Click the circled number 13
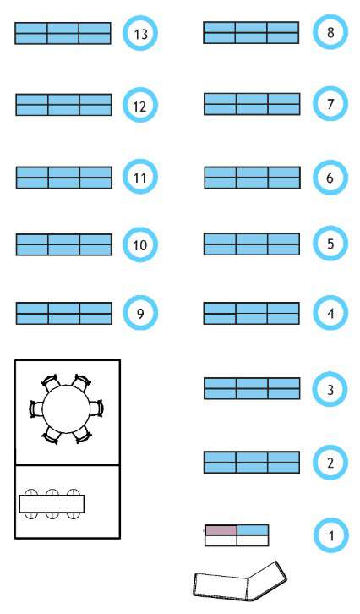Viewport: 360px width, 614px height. point(140,33)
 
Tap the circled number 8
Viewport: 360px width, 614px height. point(330,32)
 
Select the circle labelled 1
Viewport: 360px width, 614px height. point(331,535)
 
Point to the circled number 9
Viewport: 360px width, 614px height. point(140,313)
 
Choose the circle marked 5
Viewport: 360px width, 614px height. point(330,244)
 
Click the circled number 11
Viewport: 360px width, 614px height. point(140,178)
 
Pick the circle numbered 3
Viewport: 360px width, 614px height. point(330,389)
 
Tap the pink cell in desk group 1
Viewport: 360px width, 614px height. point(221,530)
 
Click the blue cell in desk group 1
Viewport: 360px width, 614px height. point(253,530)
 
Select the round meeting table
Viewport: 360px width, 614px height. point(66,409)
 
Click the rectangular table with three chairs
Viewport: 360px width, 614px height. point(52,504)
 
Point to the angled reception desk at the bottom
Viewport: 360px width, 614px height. point(239,582)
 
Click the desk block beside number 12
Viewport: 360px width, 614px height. point(63,105)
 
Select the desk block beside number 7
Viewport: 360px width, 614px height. point(252,104)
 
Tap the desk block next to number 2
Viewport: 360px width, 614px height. point(252,462)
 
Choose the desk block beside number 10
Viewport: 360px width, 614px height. point(63,244)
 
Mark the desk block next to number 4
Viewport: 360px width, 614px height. point(252,313)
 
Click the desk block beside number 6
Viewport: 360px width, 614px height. point(253,178)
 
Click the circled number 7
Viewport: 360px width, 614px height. point(330,104)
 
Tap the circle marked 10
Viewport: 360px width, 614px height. point(140,244)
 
